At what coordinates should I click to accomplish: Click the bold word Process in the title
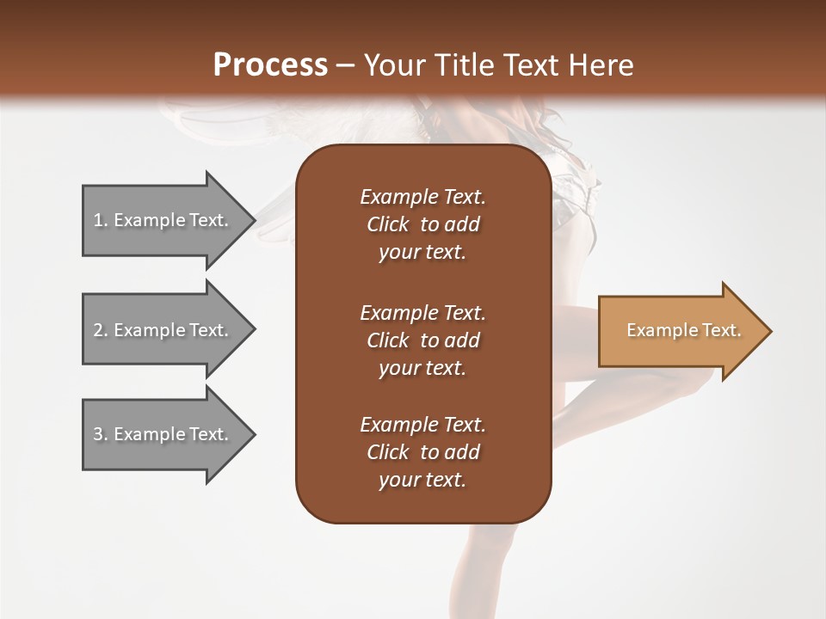(270, 64)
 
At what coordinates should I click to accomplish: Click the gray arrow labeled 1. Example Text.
(161, 220)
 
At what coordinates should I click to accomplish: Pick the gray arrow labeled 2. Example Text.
(161, 330)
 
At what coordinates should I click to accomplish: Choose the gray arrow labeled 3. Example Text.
(161, 434)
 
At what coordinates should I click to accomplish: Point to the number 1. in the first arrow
(101, 220)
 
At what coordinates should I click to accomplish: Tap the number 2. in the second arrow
(101, 330)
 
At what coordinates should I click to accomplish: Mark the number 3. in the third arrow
(101, 434)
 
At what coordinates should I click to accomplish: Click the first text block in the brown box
(422, 224)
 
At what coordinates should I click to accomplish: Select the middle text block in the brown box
(422, 340)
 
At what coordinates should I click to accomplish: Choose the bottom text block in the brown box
(422, 452)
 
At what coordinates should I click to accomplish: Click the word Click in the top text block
(387, 224)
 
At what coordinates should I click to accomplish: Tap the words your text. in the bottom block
(422, 480)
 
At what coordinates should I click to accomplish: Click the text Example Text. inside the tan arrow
(683, 330)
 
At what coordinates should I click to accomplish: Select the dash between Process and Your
(346, 65)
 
